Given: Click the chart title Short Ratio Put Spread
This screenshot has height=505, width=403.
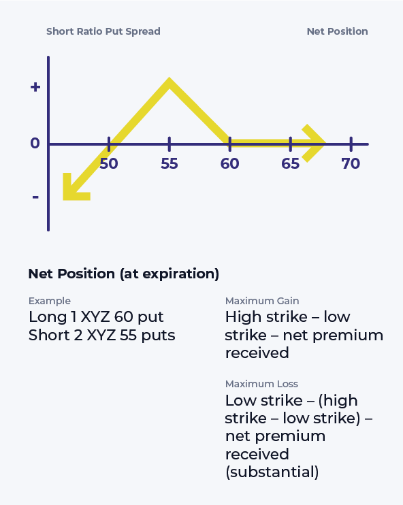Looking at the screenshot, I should coord(103,31).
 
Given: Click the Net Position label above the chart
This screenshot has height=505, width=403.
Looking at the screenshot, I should coord(337,31).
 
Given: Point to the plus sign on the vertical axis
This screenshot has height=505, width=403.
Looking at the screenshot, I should coord(35,87).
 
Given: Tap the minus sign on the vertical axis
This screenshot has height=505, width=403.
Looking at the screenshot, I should coord(35,197).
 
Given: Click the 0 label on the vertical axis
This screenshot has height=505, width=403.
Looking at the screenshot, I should coord(35,144).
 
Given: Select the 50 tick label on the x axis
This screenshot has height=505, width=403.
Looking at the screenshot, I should coord(109,164).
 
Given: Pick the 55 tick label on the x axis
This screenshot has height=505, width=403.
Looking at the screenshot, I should coord(169,164).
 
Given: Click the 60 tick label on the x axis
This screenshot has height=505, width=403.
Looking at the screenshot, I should coord(229,164).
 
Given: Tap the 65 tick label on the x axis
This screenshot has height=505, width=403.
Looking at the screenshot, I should coord(290,164).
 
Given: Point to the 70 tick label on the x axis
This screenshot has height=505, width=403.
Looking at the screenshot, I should coord(351,164).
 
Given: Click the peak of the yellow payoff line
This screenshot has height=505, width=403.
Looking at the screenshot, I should coord(169,83).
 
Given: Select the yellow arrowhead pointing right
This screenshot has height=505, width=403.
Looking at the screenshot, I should coord(315,143).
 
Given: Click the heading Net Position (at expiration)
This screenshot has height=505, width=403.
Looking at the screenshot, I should coord(123,274).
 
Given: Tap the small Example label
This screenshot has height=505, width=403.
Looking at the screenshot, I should coord(49,301).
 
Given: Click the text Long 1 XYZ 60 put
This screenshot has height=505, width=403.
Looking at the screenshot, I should coord(96,317).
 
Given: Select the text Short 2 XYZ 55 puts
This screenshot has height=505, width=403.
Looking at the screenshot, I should coord(101,335).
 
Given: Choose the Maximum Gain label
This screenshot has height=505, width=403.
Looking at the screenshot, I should coord(262,301).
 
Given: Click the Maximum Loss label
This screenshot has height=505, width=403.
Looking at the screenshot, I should coord(261,384).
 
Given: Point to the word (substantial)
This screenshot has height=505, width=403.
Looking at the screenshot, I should coord(272,472).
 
